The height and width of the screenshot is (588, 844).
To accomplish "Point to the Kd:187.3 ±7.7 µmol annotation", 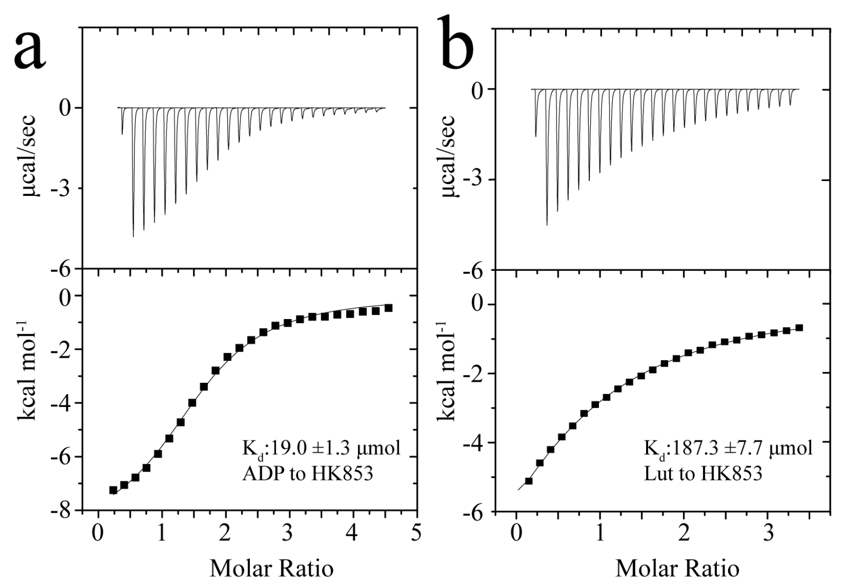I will coord(728,449).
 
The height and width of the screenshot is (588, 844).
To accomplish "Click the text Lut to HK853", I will coord(703,474).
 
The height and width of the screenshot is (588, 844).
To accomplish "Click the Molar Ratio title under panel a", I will coord(272,568).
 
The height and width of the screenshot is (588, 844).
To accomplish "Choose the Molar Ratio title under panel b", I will coord(678,568).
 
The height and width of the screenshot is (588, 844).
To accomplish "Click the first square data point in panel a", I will coord(113,490).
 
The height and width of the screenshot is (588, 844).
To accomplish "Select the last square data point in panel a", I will coord(388,308).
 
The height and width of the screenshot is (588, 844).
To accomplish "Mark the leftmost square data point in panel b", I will coord(529,481).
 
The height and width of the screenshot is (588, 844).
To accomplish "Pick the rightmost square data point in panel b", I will coord(799,327).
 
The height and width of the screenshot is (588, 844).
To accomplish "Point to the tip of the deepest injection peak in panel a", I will coord(133,237).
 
